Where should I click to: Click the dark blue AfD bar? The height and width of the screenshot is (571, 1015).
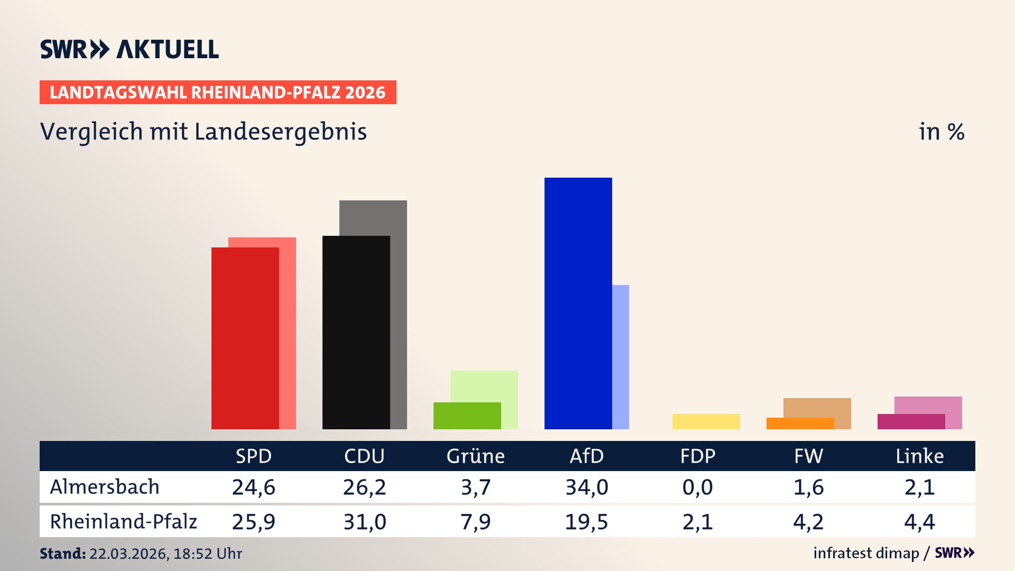click(578, 303)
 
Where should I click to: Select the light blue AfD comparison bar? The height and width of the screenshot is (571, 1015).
click(621, 357)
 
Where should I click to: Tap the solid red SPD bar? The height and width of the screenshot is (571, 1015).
click(245, 338)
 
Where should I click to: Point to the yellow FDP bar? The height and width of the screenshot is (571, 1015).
click(706, 421)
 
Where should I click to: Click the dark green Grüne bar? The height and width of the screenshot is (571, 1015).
click(467, 416)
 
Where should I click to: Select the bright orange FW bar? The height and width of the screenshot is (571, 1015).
click(800, 423)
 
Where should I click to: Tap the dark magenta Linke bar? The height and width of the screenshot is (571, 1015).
click(911, 421)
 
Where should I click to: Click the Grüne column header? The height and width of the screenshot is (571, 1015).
click(475, 456)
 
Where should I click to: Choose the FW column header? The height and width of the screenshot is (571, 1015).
click(808, 456)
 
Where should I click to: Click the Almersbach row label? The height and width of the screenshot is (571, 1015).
click(105, 487)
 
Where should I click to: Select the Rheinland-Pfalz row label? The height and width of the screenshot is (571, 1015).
click(123, 522)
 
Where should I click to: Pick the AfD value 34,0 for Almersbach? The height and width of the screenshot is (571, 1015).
click(586, 487)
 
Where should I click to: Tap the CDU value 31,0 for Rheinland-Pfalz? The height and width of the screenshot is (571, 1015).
click(364, 522)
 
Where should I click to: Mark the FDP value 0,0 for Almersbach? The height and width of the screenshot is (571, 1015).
click(697, 487)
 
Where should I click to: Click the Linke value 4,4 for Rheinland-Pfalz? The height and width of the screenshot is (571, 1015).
click(919, 522)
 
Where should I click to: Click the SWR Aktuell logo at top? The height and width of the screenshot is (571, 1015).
click(130, 49)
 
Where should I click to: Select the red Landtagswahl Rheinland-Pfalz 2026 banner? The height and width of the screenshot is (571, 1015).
click(218, 93)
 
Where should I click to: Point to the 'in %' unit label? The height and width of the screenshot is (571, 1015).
click(941, 132)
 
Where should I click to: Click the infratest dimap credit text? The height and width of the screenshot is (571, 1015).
click(866, 553)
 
